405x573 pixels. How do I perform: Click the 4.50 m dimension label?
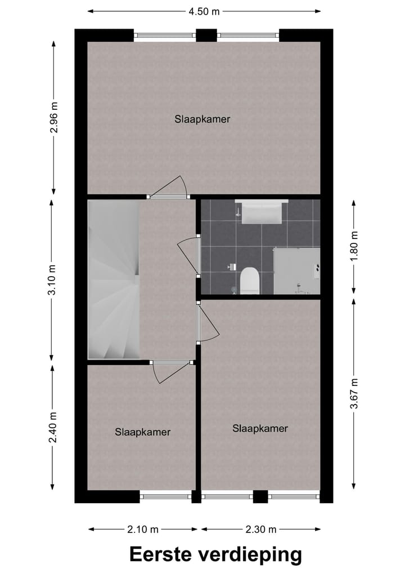click(204, 11)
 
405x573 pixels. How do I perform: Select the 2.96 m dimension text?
click(53, 118)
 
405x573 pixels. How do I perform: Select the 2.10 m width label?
click(143, 529)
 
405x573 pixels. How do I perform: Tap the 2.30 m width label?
click(261, 529)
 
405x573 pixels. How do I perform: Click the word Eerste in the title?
click(160, 554)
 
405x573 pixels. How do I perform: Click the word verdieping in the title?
click(249, 554)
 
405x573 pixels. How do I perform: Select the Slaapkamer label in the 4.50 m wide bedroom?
click(202, 119)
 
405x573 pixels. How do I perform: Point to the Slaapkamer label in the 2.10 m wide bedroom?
click(142, 432)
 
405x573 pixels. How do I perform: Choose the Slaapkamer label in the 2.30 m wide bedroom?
click(260, 428)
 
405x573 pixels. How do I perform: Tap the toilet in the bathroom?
click(249, 281)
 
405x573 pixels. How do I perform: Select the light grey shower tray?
click(296, 270)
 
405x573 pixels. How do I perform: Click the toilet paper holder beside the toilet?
click(231, 266)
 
